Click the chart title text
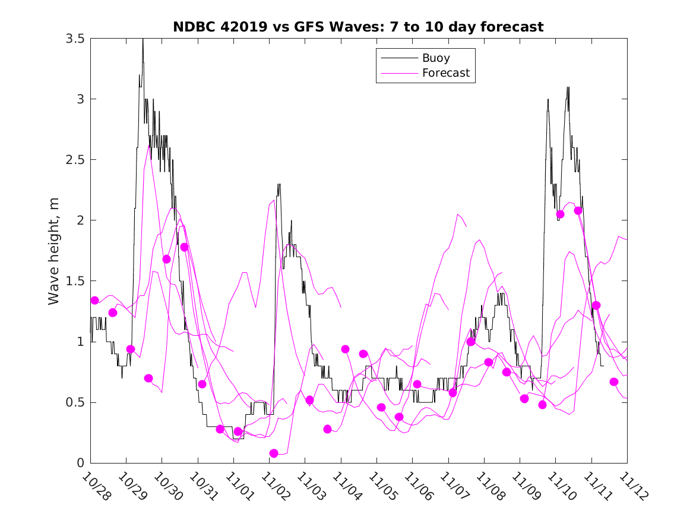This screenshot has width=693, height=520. point(358,27)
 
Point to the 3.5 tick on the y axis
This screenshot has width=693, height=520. point(75,39)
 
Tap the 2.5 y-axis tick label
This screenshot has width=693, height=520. point(75,160)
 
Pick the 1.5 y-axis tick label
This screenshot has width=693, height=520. point(75,281)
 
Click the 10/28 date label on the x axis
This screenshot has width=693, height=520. point(97,486)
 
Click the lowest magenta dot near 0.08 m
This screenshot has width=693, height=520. point(274,453)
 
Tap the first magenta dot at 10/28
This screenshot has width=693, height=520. point(94,300)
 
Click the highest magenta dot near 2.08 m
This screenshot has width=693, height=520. point(578,210)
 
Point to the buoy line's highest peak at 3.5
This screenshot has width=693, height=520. point(143,40)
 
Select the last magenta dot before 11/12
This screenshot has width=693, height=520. point(614,382)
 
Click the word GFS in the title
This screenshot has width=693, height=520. point(313,27)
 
